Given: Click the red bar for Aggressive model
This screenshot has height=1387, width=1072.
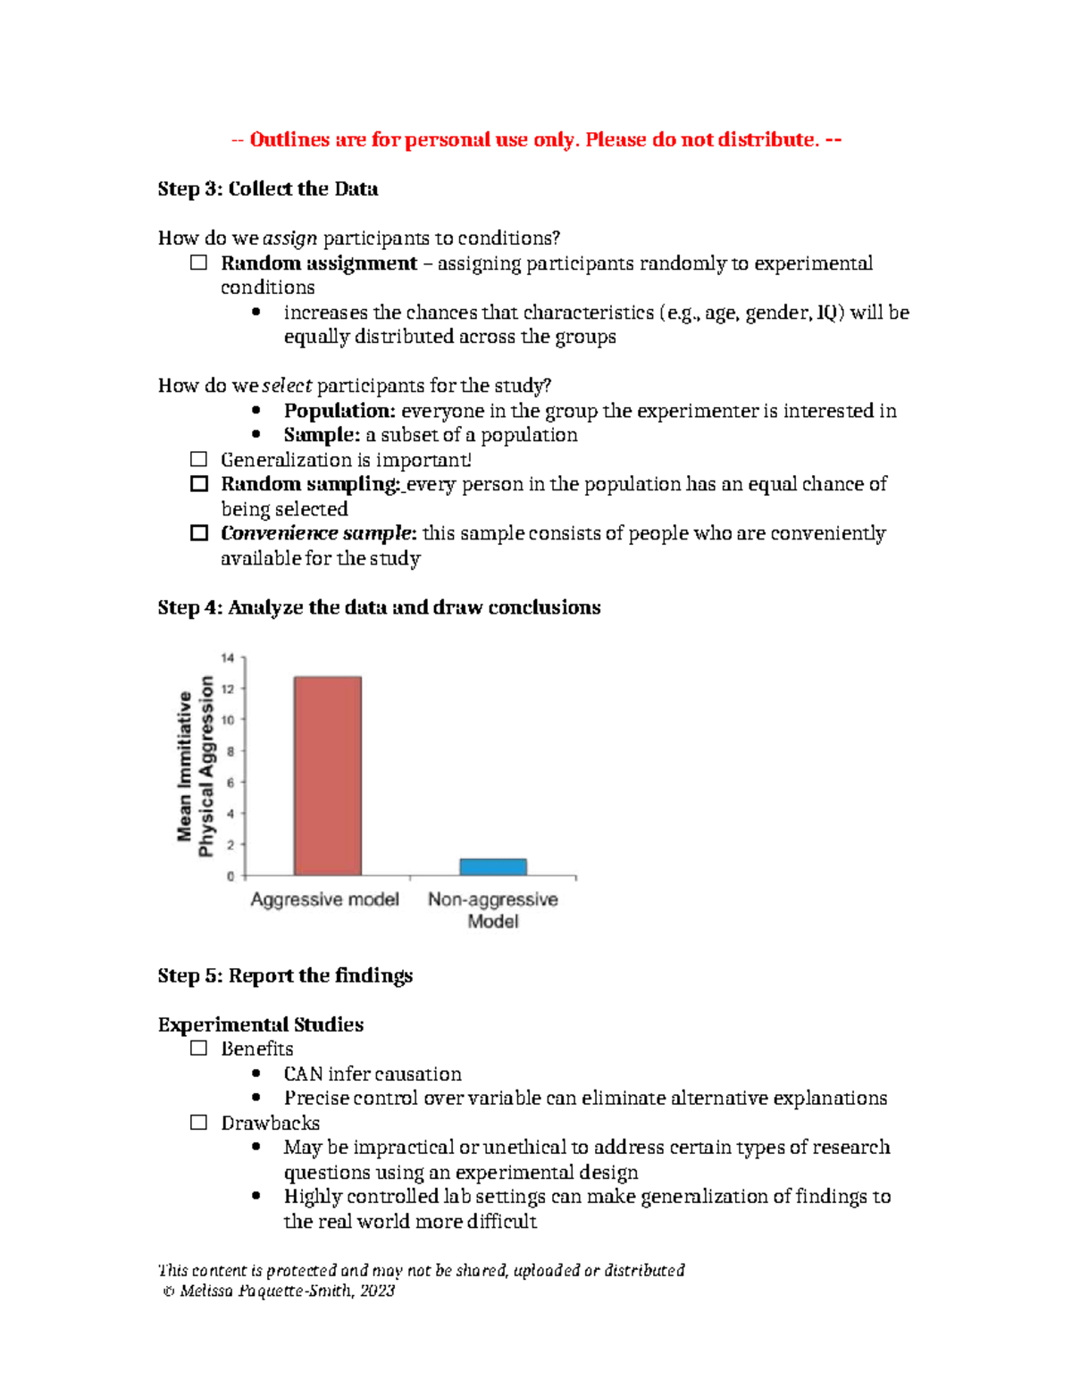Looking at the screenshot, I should [x=328, y=775].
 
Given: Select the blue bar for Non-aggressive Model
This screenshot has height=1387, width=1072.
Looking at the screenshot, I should [x=493, y=866].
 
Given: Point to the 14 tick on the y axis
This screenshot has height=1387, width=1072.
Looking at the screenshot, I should [x=229, y=658].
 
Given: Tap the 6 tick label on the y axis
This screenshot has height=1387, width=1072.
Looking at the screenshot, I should [x=230, y=782].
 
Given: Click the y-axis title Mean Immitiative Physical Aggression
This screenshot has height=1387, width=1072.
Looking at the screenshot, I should [x=196, y=766].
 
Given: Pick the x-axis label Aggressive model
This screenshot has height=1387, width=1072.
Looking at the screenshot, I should [x=324, y=899].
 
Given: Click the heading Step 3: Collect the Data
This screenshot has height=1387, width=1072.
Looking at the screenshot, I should [x=268, y=189].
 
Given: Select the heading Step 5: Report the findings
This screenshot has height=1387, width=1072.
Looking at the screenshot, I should [x=285, y=975].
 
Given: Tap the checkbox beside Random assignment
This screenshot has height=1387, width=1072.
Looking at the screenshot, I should [x=198, y=263].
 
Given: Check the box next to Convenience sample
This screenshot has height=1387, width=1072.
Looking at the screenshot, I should [x=198, y=533].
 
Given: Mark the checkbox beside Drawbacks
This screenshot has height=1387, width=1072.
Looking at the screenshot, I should [x=198, y=1123].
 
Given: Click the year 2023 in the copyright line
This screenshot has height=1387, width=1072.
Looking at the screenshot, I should [x=377, y=1291].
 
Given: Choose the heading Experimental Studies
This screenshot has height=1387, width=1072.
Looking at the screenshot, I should [x=261, y=1024].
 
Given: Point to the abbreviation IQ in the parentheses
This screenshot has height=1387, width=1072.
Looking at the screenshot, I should [x=828, y=313].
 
